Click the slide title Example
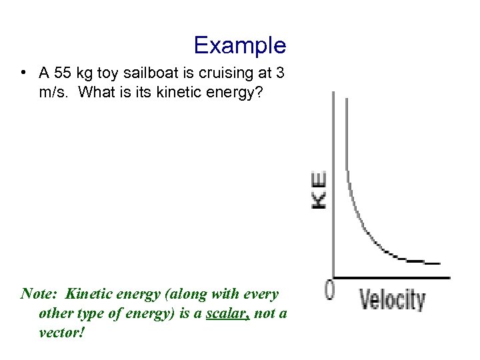tap(239, 45)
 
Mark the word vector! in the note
tap(62, 332)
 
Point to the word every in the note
tap(260, 294)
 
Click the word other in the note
tap(55, 313)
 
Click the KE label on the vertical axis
tap(319, 190)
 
